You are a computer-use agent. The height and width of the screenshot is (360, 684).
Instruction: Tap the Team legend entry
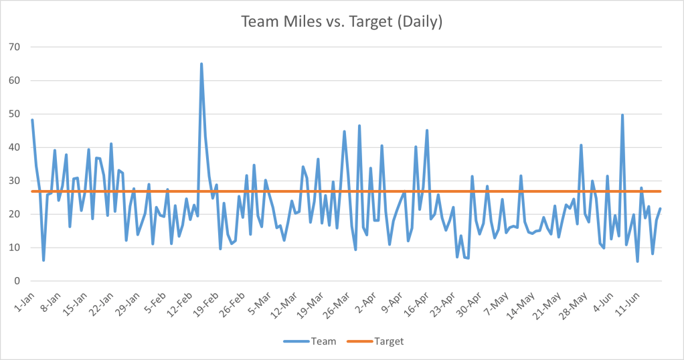[x=312, y=341]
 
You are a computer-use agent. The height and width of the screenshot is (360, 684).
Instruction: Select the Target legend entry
[x=381, y=341]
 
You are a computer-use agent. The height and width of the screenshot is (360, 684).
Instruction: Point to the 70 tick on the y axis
[x=13, y=48]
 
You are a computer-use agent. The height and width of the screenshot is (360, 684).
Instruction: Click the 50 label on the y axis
[x=13, y=114]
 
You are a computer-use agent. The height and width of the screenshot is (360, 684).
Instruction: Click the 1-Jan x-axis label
[x=23, y=297]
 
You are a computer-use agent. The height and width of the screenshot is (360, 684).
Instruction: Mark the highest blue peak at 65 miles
[x=201, y=64]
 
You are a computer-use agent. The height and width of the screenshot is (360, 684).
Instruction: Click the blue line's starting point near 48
[x=32, y=120]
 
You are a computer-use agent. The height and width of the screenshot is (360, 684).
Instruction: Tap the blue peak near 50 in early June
[x=622, y=115]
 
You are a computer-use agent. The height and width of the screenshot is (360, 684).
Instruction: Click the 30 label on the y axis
[x=13, y=181]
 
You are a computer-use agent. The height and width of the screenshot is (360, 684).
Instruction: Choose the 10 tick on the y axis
[x=13, y=248]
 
